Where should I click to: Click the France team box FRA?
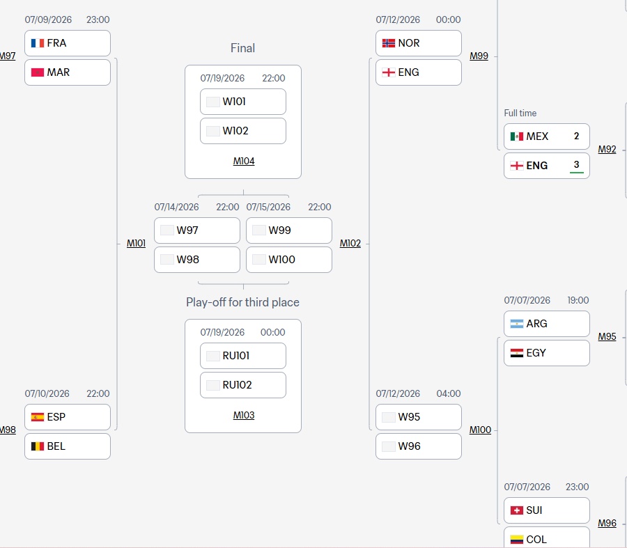(x=67, y=43)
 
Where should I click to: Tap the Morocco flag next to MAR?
(x=38, y=72)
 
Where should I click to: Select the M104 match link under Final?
(x=244, y=161)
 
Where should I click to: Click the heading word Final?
(x=242, y=48)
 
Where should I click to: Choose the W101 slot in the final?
(x=242, y=102)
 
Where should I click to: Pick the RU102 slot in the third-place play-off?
(x=242, y=385)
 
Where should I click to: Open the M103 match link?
(x=244, y=415)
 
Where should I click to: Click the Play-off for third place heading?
(x=242, y=302)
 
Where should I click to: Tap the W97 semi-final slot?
(x=196, y=230)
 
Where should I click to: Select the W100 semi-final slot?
(x=288, y=260)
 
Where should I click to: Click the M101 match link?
(x=136, y=244)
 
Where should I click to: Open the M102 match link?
(x=350, y=244)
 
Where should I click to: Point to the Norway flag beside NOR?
(x=389, y=43)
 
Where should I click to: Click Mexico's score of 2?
(x=576, y=136)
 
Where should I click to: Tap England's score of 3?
(x=576, y=165)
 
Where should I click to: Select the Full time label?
(x=520, y=113)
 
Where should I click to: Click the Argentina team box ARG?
(x=547, y=324)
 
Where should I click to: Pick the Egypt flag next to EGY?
(x=517, y=353)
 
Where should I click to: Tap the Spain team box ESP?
(x=67, y=417)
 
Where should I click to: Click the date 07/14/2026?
(x=176, y=207)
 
